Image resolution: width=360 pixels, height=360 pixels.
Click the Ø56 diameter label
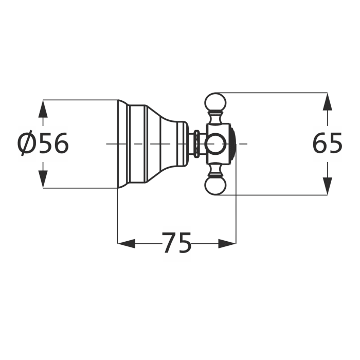point(43,144)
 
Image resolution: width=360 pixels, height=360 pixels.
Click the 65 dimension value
point(328,144)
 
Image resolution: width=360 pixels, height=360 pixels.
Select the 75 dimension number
point(176,243)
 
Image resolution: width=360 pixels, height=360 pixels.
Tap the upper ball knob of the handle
point(215,102)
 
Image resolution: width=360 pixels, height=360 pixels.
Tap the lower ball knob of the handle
point(215,186)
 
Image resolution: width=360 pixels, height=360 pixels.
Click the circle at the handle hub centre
point(215,144)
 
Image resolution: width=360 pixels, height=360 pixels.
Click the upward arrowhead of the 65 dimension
point(328,102)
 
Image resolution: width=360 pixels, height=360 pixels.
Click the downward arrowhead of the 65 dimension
point(328,186)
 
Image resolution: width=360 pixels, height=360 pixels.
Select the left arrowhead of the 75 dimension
point(127,243)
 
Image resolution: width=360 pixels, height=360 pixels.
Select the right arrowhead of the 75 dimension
point(227,243)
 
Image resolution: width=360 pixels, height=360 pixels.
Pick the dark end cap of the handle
point(233,144)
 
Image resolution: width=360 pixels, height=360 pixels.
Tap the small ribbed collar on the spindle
point(197,144)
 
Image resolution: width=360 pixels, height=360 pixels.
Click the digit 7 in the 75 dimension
point(169,243)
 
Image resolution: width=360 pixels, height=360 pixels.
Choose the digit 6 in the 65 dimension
point(320,144)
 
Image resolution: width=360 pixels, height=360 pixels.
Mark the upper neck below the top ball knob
point(215,118)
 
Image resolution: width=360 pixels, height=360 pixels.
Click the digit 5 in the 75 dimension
point(184,243)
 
